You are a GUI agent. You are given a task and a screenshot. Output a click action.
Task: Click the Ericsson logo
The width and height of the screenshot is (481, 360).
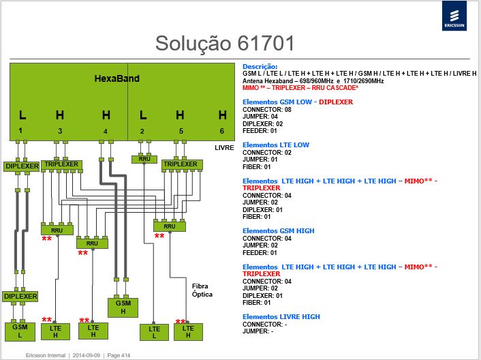pos(454,16)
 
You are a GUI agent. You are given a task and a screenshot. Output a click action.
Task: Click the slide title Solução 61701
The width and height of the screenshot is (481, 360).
pos(225,43)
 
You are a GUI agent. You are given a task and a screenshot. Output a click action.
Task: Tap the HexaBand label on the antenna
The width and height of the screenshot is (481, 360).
pos(117,78)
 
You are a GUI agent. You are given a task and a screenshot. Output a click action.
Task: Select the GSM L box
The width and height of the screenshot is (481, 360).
pos(20,331)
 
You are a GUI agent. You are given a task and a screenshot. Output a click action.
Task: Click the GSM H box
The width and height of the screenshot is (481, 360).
pos(123,307)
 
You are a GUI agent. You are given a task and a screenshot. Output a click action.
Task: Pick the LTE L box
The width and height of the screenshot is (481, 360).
pos(154,332)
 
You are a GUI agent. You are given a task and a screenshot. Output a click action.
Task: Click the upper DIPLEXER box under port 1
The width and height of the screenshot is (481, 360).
pos(22,166)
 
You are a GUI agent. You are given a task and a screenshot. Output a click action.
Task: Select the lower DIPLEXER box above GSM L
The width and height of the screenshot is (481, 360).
pos(20,297)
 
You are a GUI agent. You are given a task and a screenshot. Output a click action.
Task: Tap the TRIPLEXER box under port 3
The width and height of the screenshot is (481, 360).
pos(62,164)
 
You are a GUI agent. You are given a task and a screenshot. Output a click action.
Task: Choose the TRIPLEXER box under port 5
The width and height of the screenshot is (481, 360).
pos(182,164)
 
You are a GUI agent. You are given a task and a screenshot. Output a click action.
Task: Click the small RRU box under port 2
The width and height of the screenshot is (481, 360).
pos(144,159)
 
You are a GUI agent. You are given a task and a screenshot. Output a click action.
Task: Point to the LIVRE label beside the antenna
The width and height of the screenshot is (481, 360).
pos(224,148)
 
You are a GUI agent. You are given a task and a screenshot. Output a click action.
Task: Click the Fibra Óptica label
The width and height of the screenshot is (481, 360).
pos(202,290)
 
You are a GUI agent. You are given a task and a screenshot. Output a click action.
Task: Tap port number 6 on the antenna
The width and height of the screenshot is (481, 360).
pos(222,131)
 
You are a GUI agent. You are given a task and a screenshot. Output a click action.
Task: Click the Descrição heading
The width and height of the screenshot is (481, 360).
pos(260,66)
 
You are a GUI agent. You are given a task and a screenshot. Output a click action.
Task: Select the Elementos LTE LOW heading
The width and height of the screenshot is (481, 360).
pos(276,145)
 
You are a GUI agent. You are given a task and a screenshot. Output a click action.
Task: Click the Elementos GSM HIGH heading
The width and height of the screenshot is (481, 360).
pos(278,230)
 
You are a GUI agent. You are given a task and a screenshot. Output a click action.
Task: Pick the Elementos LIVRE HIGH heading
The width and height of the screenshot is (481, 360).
pos(281,317)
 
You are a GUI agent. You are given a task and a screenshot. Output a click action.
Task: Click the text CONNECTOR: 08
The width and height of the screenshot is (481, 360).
pos(267,110)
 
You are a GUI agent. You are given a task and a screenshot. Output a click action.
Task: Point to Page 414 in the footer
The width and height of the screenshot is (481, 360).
pos(119,355)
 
